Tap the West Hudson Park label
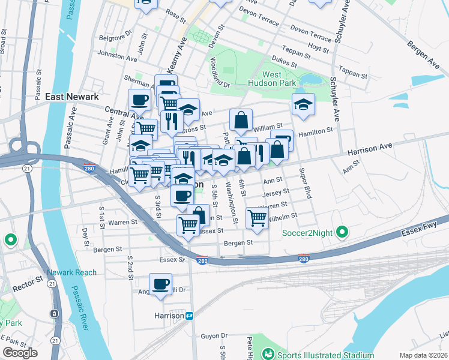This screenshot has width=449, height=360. pos(280,79)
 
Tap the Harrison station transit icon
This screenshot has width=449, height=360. pos(190,316)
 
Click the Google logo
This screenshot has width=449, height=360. pos(20,353)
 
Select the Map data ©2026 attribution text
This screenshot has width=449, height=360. pos(424,355)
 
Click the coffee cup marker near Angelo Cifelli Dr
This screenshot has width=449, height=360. pos(160,284)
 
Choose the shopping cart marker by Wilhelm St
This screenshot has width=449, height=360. pos(257,218)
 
